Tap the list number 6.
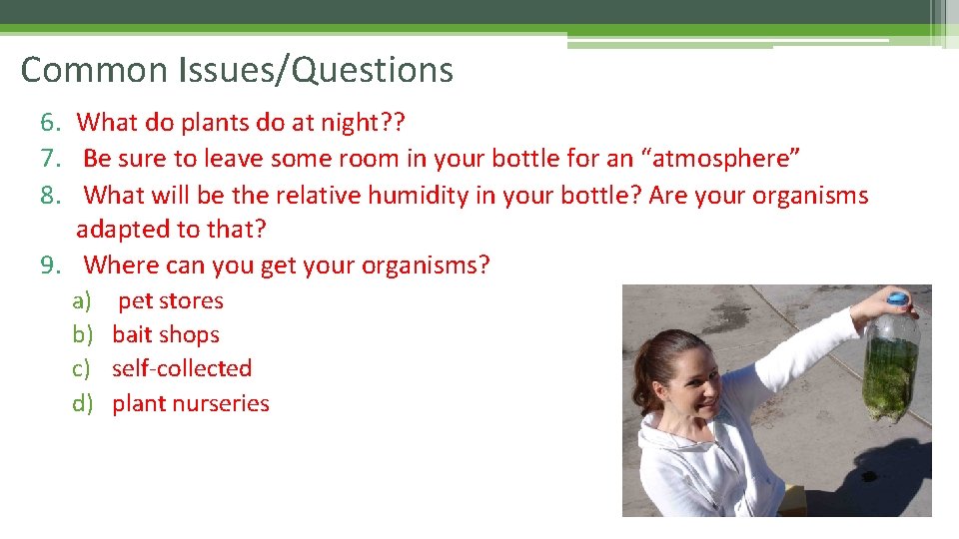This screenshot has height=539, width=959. pos(51,123)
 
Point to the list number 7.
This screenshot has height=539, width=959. pos(51,159)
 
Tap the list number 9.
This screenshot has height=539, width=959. pos(51,266)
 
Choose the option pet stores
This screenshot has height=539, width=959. pos(171,300)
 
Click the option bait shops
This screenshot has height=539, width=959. pos(166,334)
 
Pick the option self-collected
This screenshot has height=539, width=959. pos(182,368)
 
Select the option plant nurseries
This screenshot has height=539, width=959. pos(191,403)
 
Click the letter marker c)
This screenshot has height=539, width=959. pos(81,368)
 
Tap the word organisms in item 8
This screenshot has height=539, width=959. pos(809,195)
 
